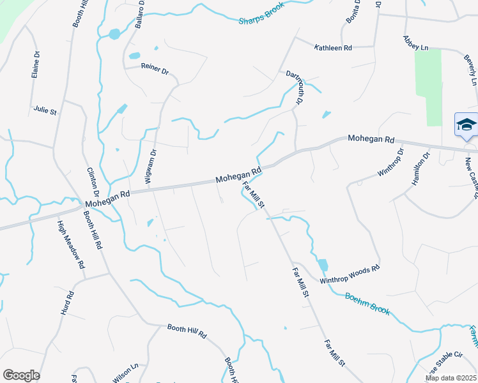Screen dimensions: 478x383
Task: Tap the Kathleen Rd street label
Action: pos(332,48)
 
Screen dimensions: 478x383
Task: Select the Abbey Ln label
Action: pos(415,42)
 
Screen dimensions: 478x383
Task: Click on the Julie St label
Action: pos(45,110)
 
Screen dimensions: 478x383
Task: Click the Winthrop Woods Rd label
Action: pos(350,274)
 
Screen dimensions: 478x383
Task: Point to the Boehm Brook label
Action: pos(367,303)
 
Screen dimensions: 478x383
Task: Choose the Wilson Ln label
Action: pos(126,372)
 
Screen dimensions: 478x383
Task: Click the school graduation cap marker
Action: pos(466,124)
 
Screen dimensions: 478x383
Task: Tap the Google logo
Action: pos(21,375)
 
